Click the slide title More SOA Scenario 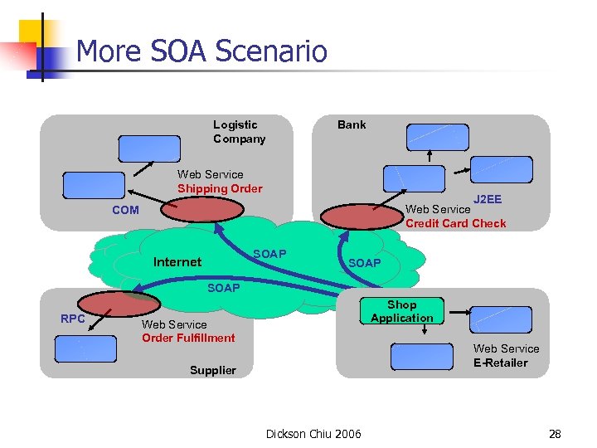pyautogui.click(x=201, y=51)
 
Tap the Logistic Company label pyautogui.click(x=239, y=132)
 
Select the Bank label pyautogui.click(x=351, y=124)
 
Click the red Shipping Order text pyautogui.click(x=220, y=188)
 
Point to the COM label pyautogui.click(x=125, y=210)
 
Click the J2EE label pyautogui.click(x=488, y=199)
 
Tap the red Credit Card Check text pyautogui.click(x=455, y=223)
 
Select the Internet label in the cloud pyautogui.click(x=177, y=262)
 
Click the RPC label pyautogui.click(x=74, y=319)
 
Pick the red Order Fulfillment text pyautogui.click(x=188, y=338)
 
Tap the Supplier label pyautogui.click(x=212, y=370)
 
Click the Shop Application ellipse pyautogui.click(x=402, y=311)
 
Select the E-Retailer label pyautogui.click(x=500, y=363)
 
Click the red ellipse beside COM pyautogui.click(x=192, y=210)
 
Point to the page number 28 pyautogui.click(x=555, y=434)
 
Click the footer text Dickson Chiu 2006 pyautogui.click(x=313, y=434)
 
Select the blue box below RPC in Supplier pyautogui.click(x=85, y=349)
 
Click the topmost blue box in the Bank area pyautogui.click(x=437, y=137)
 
